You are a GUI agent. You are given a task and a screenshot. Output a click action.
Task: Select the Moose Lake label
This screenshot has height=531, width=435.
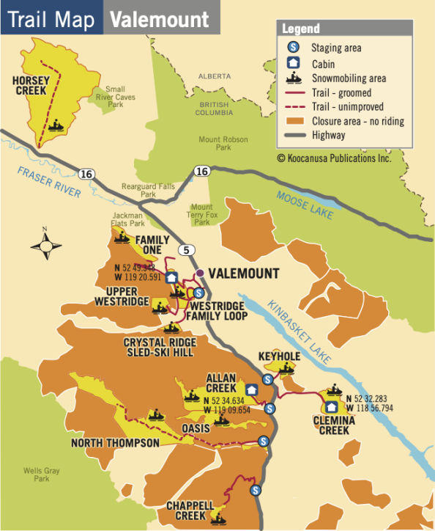[305, 205]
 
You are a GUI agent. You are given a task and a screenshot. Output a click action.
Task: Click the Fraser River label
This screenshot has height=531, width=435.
[47, 179]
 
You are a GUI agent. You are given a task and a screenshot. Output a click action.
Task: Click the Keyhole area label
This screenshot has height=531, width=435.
[279, 356]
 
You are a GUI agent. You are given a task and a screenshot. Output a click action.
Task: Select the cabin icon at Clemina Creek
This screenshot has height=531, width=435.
[331, 406]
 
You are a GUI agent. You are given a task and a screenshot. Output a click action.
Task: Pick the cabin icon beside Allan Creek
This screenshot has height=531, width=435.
[251, 389]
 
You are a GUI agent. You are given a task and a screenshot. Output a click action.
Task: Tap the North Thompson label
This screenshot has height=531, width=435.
[115, 443]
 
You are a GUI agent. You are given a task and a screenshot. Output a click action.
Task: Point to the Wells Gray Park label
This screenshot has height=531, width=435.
[36, 474]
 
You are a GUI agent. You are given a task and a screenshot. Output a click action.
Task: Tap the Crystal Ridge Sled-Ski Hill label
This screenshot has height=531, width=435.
[159, 347]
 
